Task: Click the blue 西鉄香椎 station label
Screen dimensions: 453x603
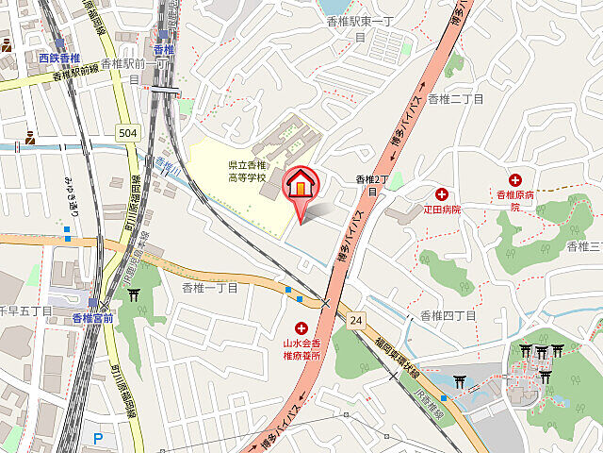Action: pos(56,59)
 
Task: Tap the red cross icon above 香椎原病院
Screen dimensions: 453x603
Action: pos(515,179)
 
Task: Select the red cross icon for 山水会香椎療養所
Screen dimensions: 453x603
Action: pos(287,327)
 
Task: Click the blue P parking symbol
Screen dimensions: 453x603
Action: pos(98,438)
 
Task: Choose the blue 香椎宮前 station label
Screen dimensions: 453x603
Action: pos(92,318)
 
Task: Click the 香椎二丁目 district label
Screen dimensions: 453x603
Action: pos(455,98)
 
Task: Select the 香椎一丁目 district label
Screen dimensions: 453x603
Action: pos(209,287)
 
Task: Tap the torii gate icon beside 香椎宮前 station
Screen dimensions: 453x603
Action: pos(134,294)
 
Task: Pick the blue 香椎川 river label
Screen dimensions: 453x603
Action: pos(168,167)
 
